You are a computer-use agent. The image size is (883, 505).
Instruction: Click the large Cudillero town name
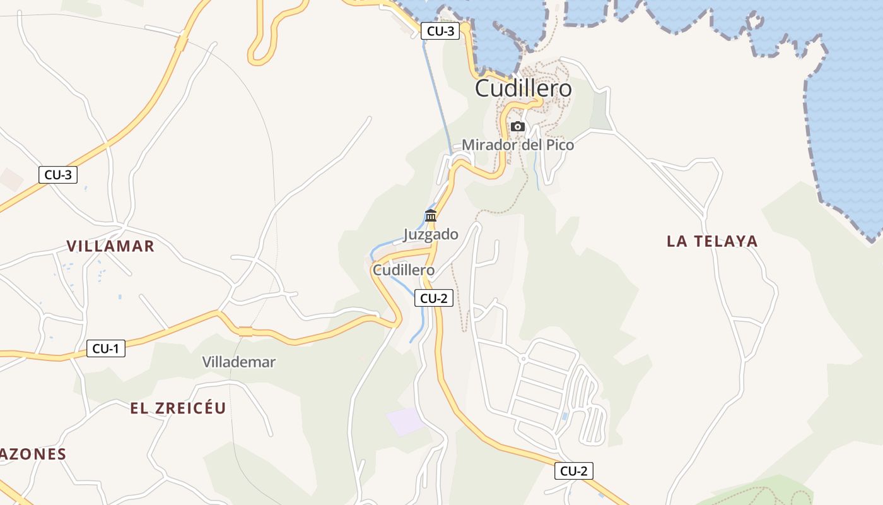click(x=523, y=88)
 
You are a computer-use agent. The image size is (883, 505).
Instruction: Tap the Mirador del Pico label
click(x=518, y=145)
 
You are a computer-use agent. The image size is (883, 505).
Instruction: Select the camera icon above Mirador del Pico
click(x=518, y=126)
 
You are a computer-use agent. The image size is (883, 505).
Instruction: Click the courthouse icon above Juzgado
click(x=431, y=215)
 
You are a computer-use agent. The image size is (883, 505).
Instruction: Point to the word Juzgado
click(x=431, y=234)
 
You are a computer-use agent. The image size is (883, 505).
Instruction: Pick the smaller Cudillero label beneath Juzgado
click(x=404, y=270)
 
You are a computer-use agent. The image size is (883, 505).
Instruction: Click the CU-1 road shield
click(x=106, y=348)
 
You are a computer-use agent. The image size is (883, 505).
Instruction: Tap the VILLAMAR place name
click(x=110, y=246)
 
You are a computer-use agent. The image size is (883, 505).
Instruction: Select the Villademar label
click(x=238, y=362)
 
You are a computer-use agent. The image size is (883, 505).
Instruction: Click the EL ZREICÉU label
click(x=178, y=408)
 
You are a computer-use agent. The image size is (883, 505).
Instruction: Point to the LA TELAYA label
click(x=712, y=241)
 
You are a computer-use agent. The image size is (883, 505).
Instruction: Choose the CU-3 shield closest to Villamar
click(x=58, y=175)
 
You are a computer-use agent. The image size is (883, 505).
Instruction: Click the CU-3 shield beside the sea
click(x=440, y=31)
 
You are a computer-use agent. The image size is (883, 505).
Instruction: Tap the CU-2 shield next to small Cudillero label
click(x=434, y=299)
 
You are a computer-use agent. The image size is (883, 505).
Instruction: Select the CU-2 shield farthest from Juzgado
click(x=574, y=470)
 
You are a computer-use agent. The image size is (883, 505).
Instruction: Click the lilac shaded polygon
click(x=406, y=421)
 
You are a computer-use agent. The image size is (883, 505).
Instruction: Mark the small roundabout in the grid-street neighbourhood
click(x=523, y=359)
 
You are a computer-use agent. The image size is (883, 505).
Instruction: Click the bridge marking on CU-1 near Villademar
click(x=245, y=331)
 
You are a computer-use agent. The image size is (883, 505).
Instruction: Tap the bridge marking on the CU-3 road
click(x=182, y=43)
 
